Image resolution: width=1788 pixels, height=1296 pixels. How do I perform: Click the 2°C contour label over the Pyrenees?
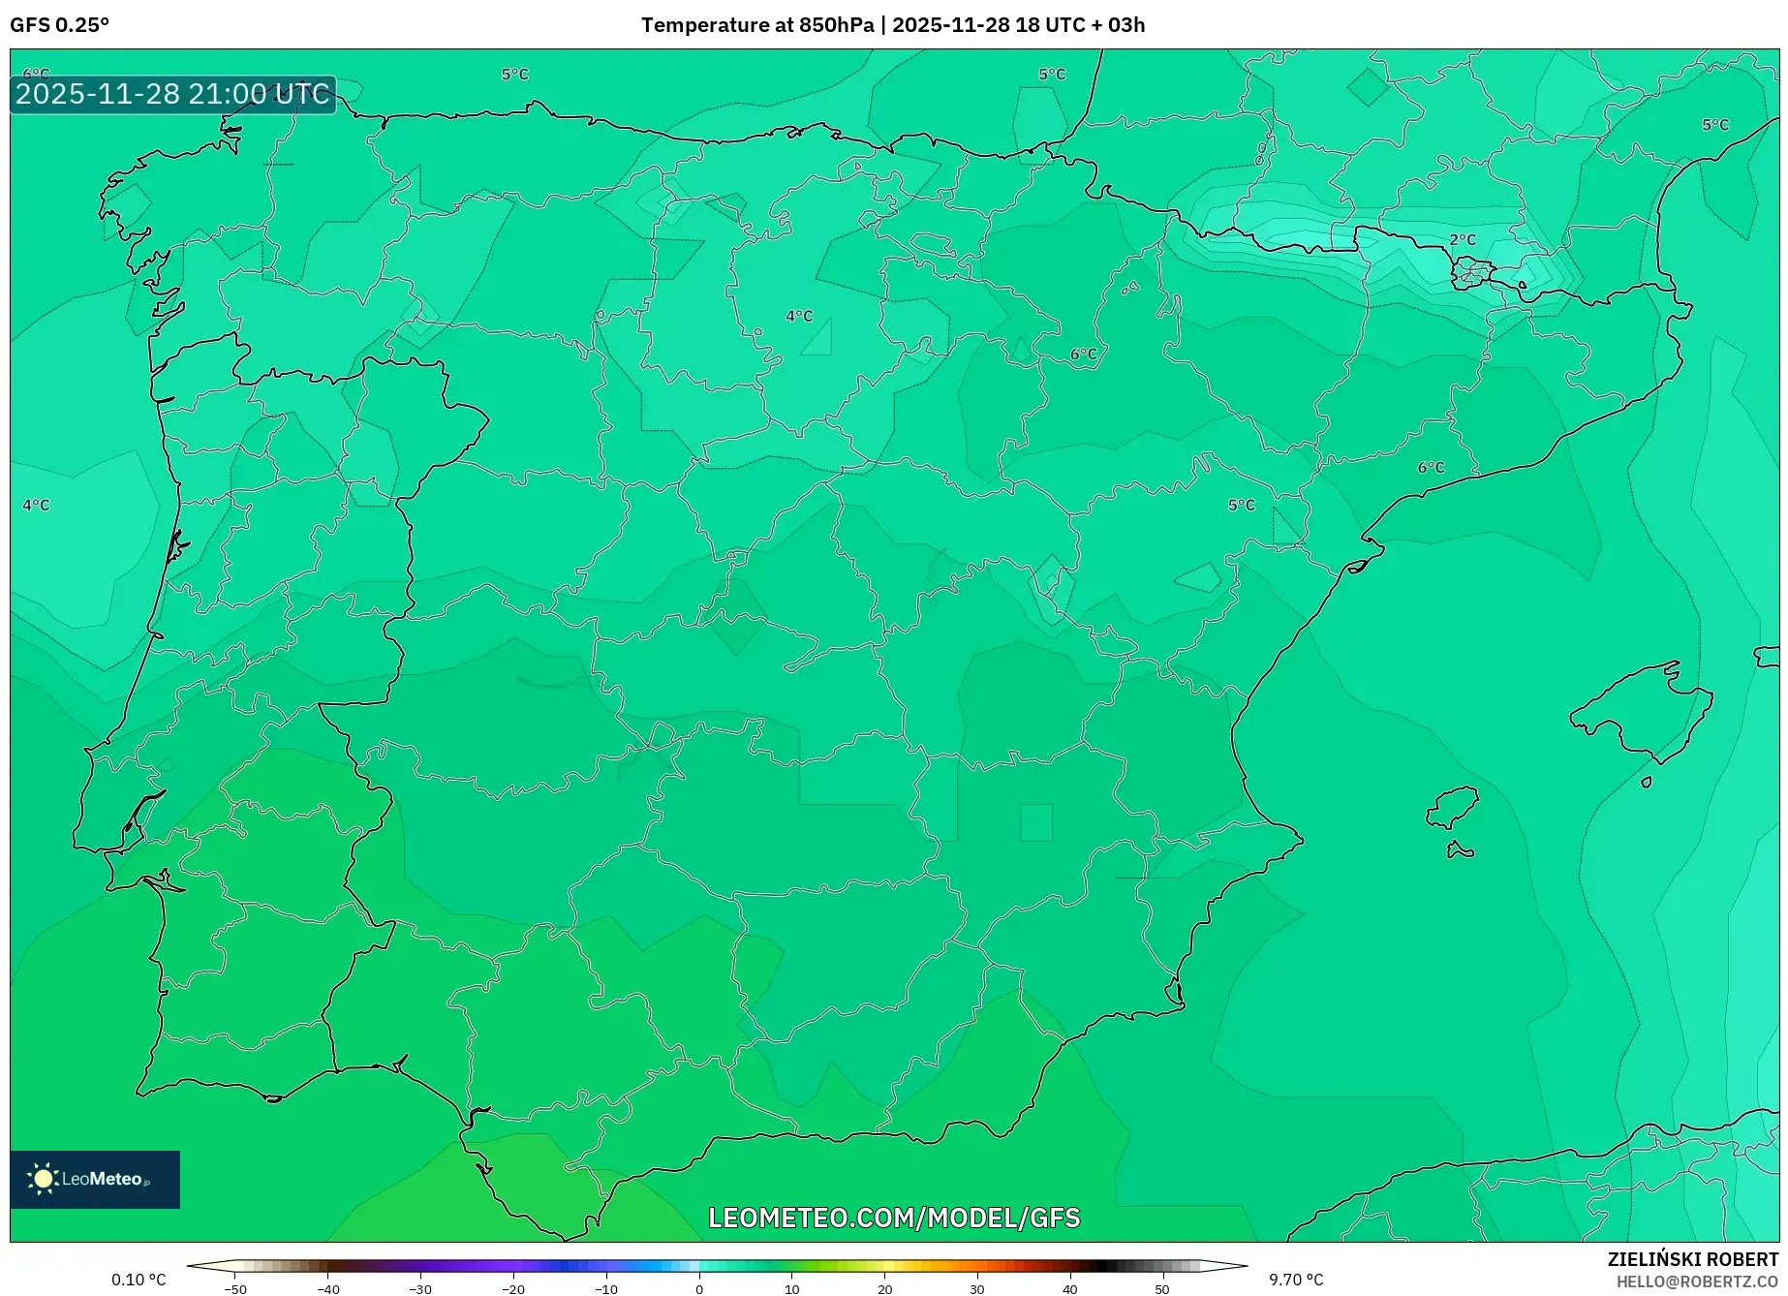pos(1463,240)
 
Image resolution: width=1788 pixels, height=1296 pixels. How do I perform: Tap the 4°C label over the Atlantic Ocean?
pos(36,505)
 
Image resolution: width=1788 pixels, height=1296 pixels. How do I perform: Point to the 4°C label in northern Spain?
pos(799,316)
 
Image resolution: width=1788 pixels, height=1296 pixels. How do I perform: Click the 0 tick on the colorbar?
pos(699,1288)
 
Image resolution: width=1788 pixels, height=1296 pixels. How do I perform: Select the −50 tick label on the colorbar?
pos(235,1289)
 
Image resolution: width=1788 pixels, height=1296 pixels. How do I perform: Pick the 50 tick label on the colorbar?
pos(1162,1289)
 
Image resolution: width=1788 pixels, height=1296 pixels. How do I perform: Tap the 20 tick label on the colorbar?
pos(884,1289)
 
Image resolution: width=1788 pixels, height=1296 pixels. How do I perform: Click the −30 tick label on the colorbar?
pos(420,1289)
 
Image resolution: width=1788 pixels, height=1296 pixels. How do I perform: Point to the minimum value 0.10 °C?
pos(139,1280)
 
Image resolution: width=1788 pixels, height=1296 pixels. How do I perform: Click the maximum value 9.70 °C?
pos(1296,1280)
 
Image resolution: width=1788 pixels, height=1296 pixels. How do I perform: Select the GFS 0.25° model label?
pos(60,25)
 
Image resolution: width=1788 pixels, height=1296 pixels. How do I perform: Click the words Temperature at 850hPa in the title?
pos(757,25)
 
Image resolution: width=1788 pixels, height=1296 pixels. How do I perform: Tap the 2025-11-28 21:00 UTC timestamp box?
pos(172,94)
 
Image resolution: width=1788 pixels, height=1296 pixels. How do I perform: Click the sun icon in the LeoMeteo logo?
pos(43,1178)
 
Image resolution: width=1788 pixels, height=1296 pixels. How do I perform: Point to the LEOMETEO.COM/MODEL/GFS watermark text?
pos(894,1218)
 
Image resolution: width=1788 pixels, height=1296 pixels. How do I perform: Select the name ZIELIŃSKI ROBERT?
pos(1693,1259)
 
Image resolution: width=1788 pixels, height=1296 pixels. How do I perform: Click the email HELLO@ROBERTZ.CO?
pos(1697,1281)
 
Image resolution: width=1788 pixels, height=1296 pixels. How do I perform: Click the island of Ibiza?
pos(1453,807)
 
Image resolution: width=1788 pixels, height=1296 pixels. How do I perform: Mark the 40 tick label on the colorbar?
pos(1069,1289)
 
